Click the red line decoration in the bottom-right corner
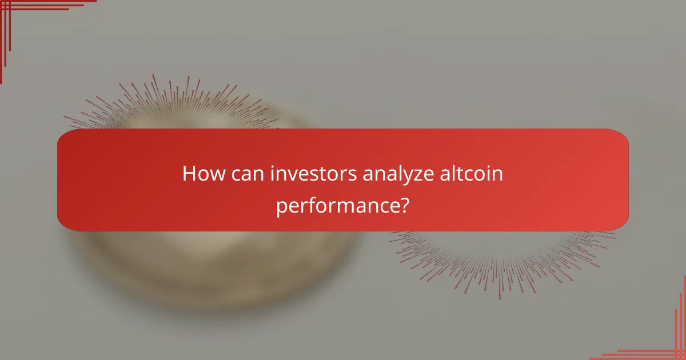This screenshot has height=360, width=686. point(669,343)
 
